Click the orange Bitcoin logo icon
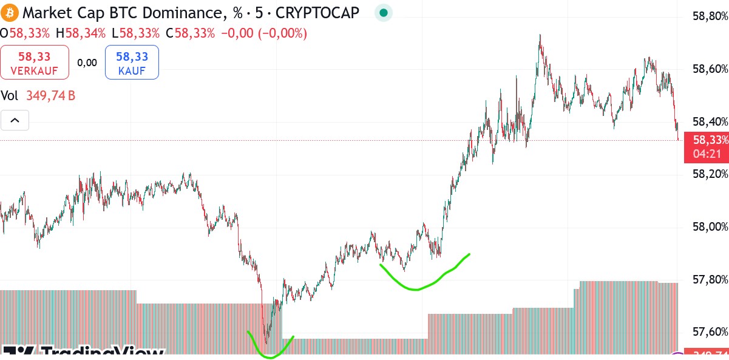click(10, 12)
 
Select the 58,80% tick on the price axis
click(710, 16)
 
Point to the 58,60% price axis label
click(710, 69)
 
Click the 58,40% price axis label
click(710, 121)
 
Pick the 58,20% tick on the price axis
click(710, 174)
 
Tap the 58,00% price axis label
click(710, 227)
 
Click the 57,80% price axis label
click(710, 279)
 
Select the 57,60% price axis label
click(710, 332)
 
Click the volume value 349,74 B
click(50, 96)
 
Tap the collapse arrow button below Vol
click(15, 120)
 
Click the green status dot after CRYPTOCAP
click(383, 12)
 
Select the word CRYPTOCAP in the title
click(317, 12)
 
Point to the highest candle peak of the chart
click(540, 36)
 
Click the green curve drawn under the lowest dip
click(270, 355)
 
